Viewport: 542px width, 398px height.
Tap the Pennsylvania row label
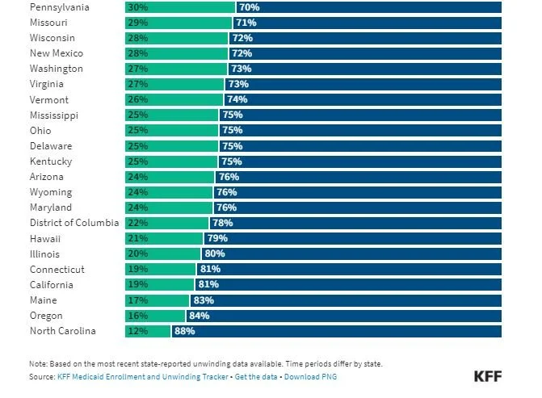click(x=61, y=7)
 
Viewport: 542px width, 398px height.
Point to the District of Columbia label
click(x=74, y=223)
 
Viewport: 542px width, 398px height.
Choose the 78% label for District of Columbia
click(x=222, y=223)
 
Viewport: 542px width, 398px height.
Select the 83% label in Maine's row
click(x=202, y=300)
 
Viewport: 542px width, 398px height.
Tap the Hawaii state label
click(x=46, y=239)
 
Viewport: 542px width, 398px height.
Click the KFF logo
click(x=487, y=377)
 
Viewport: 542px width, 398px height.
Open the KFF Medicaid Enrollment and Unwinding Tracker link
click(x=142, y=377)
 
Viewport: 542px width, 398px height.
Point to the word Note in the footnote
click(x=39, y=363)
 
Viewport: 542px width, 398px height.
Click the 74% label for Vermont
click(x=237, y=99)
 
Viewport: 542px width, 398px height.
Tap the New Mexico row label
click(x=57, y=53)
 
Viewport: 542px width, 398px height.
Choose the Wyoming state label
click(x=51, y=192)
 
